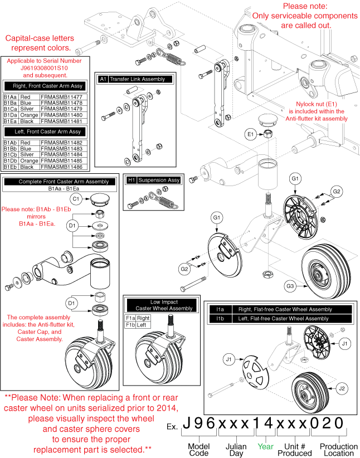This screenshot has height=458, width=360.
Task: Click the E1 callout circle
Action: pos(251,134)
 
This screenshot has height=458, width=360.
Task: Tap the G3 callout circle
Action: pos(290,286)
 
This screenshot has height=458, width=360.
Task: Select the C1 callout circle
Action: pos(77,198)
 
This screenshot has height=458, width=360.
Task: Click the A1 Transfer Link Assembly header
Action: pos(133,79)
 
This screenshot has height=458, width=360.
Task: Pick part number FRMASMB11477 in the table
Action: pos(61,96)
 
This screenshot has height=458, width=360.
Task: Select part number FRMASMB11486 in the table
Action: pos(61,167)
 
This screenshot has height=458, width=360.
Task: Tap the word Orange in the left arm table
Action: pos(29,161)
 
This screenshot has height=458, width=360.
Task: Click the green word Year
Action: pos(265,447)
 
